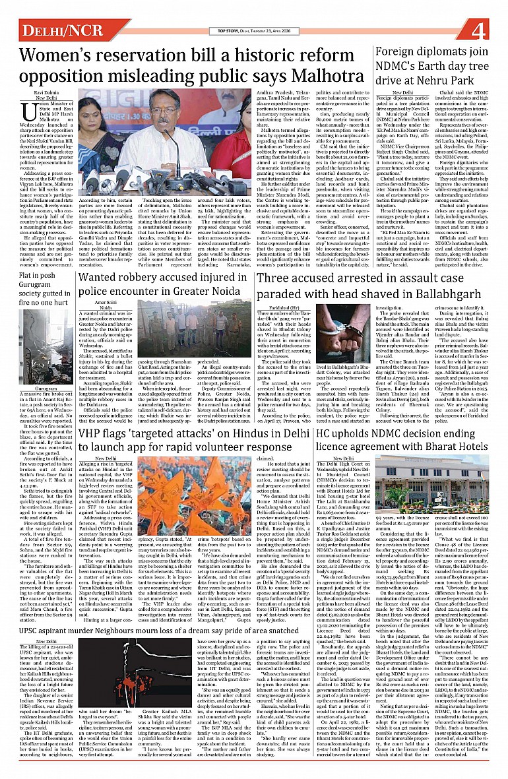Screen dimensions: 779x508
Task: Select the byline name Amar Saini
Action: coord(106,303)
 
